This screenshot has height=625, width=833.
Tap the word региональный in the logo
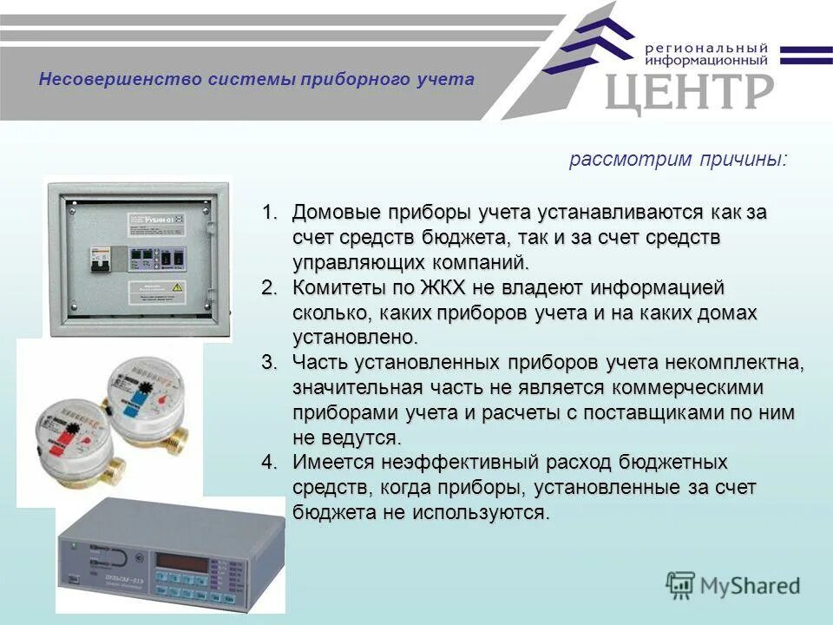tap(706, 48)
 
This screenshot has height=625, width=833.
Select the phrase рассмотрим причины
tap(678, 161)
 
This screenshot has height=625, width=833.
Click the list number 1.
tap(270, 213)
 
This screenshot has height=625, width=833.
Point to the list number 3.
tap(270, 362)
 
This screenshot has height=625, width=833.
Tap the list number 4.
tap(270, 462)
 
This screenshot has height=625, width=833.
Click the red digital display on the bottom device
tap(182, 563)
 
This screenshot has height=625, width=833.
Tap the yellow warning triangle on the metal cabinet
tap(177, 286)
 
